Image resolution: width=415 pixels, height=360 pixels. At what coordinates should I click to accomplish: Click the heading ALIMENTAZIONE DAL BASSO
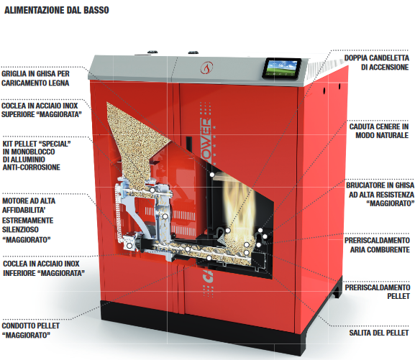57,10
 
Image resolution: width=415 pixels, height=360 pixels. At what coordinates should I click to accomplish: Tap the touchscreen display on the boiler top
282,69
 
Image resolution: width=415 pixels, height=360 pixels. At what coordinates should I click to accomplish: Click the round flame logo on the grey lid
206,68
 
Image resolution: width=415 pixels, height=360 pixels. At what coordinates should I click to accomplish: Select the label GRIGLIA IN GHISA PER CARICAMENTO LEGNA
35,78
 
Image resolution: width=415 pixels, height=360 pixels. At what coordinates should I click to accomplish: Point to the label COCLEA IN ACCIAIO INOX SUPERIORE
42,110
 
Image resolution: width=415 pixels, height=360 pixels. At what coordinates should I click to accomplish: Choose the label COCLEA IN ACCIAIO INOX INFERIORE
44,268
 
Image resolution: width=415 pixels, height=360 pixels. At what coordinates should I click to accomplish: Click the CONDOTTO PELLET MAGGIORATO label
31,331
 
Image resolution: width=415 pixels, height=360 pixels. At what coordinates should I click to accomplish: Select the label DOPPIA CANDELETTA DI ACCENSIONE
377,63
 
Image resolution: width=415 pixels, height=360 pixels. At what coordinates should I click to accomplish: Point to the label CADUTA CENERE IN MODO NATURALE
379,131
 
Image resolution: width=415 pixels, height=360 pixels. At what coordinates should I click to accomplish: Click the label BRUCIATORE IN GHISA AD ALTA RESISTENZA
380,194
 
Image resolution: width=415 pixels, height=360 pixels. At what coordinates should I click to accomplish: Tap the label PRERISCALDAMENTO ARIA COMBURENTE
377,245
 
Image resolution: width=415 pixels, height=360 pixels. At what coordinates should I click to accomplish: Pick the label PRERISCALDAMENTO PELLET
378,292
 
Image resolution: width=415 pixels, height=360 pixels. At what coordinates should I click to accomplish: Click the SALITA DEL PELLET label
379,333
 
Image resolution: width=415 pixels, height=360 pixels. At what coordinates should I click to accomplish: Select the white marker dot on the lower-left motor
129,246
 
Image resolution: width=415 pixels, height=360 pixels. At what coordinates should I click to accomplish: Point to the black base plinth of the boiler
201,327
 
